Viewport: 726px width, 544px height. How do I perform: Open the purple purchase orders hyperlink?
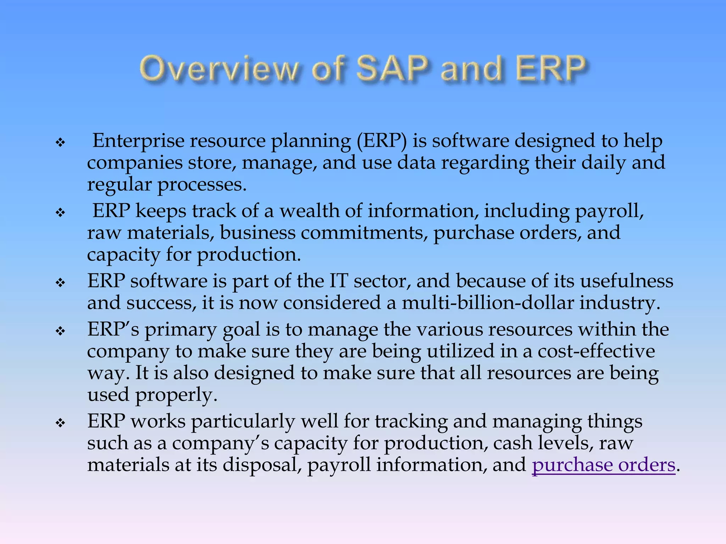(x=603, y=465)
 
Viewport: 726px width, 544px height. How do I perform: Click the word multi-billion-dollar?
(x=488, y=303)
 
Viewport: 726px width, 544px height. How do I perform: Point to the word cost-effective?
(x=596, y=351)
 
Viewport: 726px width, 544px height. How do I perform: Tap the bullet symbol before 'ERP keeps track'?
(x=61, y=213)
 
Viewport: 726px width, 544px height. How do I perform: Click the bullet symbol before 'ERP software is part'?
(x=61, y=283)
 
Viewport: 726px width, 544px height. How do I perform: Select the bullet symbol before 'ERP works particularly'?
(x=61, y=423)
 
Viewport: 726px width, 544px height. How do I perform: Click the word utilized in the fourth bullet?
(x=460, y=351)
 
